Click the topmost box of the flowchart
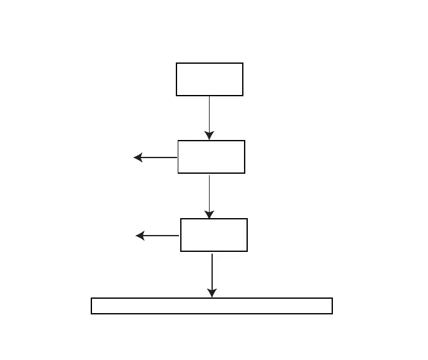[210, 79]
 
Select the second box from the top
[211, 157]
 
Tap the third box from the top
[214, 235]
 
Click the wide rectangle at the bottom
[211, 306]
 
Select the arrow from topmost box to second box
[209, 116]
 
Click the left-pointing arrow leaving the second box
[156, 157]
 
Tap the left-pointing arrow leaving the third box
[158, 236]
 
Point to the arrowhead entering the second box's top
[209, 136]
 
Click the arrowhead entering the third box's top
[209, 214]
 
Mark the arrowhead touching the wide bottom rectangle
[212, 292]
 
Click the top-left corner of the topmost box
[176, 63]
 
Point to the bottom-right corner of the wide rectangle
[332, 313]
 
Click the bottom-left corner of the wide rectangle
[91, 313]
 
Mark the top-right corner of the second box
[244, 141]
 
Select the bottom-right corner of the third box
[247, 251]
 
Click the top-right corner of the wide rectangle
[332, 298]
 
